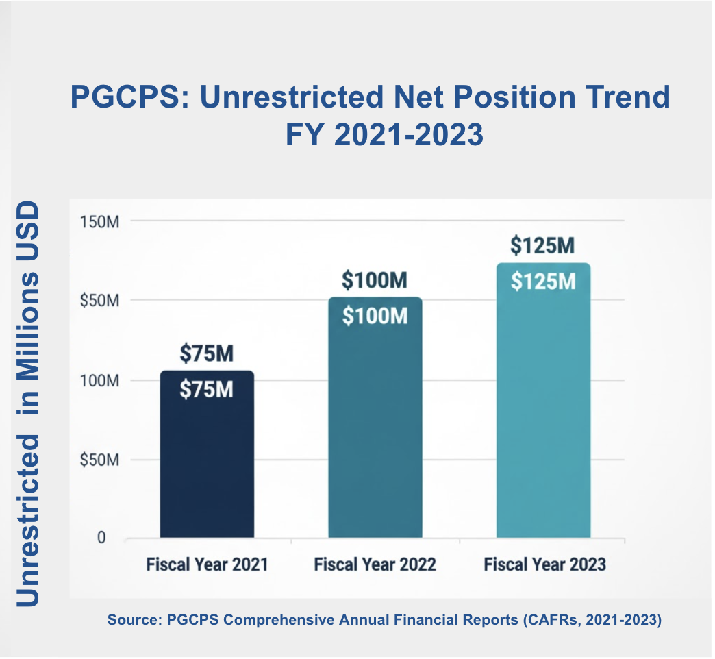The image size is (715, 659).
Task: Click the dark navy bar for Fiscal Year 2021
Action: coord(207,454)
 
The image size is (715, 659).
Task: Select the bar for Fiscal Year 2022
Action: coord(375,417)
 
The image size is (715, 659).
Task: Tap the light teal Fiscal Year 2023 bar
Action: coord(544,401)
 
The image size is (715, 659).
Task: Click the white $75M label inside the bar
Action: coord(207,390)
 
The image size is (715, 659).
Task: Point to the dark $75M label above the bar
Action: coord(207,353)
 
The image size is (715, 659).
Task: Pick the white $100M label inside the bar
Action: coord(375,316)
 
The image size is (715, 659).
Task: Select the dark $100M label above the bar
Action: coord(375,280)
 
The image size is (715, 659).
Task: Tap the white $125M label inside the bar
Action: coord(543,282)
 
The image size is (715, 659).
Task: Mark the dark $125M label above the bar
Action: coord(542,245)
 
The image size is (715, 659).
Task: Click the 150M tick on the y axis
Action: coord(100,222)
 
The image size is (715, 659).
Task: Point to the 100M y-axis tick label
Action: coord(100,380)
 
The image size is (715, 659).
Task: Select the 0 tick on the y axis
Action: coord(101,538)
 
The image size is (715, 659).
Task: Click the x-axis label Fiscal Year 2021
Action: coord(207,564)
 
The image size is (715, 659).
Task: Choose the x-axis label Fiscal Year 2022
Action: coord(375,564)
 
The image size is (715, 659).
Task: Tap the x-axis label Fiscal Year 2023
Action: coord(545,564)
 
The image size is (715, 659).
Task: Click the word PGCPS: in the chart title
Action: coord(129,97)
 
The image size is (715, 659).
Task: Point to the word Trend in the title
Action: coord(628,97)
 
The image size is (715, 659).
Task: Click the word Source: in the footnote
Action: coord(134,620)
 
